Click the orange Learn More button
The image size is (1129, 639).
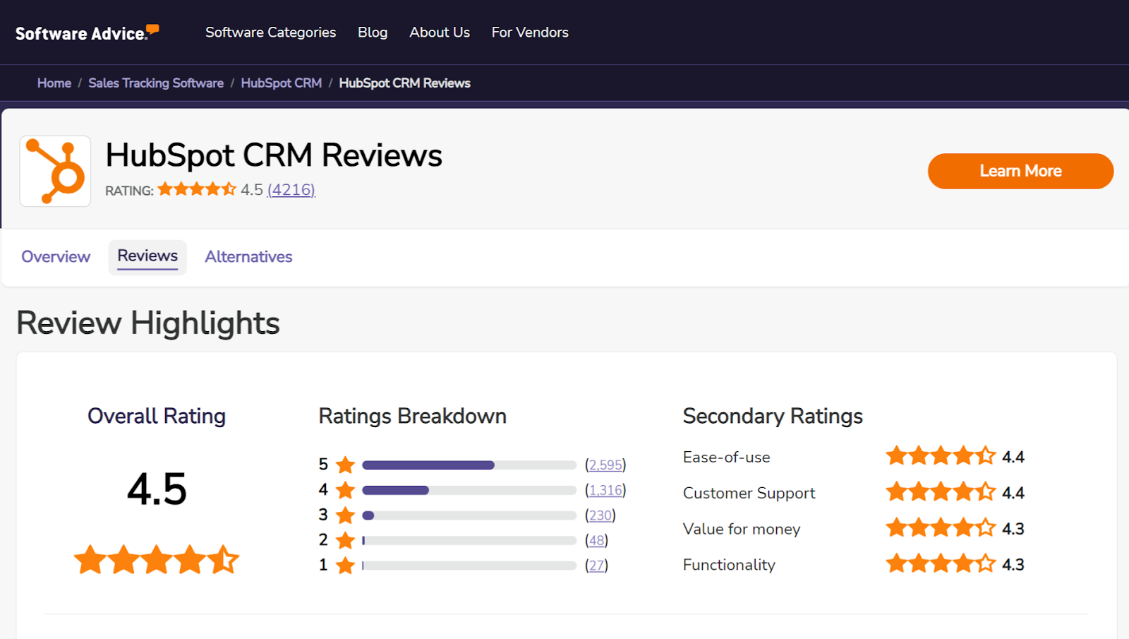pyautogui.click(x=1020, y=171)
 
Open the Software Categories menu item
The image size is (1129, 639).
pyautogui.click(x=270, y=32)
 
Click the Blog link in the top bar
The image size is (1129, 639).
pyautogui.click(x=373, y=32)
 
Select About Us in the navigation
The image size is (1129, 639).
pyautogui.click(x=440, y=32)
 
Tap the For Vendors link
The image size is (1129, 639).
pyautogui.click(x=530, y=32)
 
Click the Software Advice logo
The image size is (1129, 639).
pyautogui.click(x=87, y=33)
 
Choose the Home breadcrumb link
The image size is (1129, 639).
pyautogui.click(x=54, y=83)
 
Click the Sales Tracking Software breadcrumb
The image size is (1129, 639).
pyautogui.click(x=156, y=83)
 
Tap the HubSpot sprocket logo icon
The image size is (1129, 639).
pyautogui.click(x=55, y=171)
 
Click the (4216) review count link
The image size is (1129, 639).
pyautogui.click(x=291, y=190)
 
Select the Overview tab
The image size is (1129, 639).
pyautogui.click(x=56, y=257)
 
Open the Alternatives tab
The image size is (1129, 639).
pyautogui.click(x=248, y=257)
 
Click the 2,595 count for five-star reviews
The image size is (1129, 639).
pyautogui.click(x=605, y=465)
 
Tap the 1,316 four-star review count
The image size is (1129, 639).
pyautogui.click(x=605, y=490)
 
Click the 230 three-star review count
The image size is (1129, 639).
pyautogui.click(x=600, y=515)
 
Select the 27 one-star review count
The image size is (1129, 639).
pyautogui.click(x=596, y=566)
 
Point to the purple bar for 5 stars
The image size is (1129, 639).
pyautogui.click(x=428, y=465)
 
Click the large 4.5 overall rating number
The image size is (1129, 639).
pyautogui.click(x=157, y=489)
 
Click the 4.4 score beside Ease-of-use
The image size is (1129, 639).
pyautogui.click(x=1013, y=457)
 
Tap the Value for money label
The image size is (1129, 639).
pyautogui.click(x=742, y=529)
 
